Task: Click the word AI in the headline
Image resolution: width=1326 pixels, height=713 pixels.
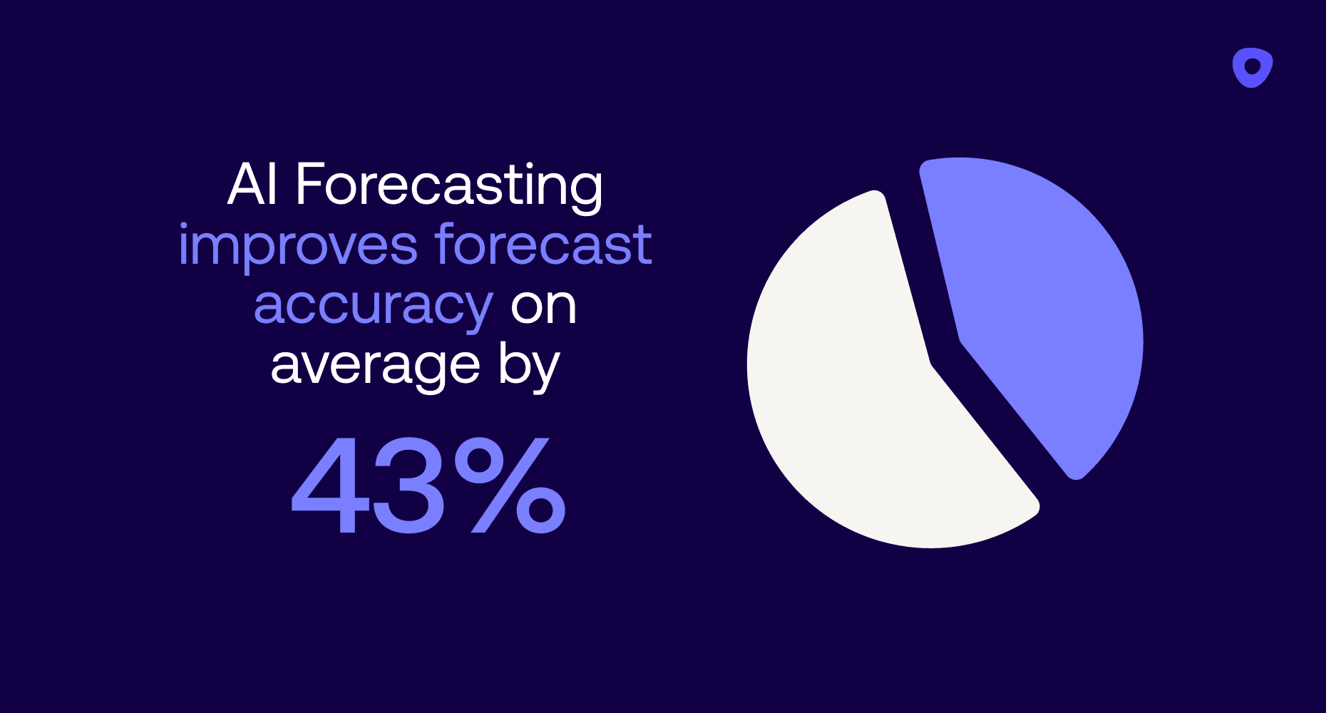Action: (252, 184)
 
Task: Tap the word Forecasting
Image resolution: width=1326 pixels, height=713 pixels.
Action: (449, 187)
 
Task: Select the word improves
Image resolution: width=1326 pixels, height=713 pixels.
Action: (298, 247)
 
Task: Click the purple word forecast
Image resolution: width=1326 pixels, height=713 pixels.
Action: (544, 244)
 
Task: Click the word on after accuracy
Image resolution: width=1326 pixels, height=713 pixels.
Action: (543, 307)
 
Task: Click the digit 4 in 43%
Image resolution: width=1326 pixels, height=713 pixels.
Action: (330, 485)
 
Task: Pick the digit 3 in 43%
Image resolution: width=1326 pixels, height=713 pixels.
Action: (409, 485)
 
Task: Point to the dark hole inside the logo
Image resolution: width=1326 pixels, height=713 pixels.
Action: (1253, 67)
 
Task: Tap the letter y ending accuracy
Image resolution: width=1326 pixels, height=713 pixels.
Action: (473, 314)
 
